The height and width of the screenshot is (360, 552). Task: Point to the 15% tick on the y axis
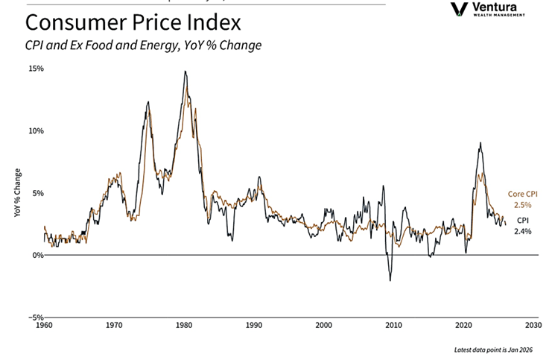click(36, 69)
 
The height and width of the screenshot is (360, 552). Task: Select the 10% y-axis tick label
click(36, 130)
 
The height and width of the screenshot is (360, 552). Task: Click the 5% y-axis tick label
click(37, 193)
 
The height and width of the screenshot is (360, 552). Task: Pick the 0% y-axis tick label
click(37, 255)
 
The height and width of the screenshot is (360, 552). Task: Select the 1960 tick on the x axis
click(44, 326)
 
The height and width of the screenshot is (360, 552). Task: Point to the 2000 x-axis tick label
click(323, 326)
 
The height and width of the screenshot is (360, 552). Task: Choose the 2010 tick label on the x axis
click(393, 326)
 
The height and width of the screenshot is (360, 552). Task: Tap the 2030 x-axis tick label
click(533, 326)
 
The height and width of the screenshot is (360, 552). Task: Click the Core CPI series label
click(522, 194)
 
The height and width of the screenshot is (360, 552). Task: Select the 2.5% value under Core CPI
click(522, 204)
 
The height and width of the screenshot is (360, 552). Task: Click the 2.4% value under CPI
click(522, 232)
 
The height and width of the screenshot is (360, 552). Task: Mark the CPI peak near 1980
click(185, 72)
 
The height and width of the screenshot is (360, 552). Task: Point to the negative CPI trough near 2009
click(390, 280)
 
